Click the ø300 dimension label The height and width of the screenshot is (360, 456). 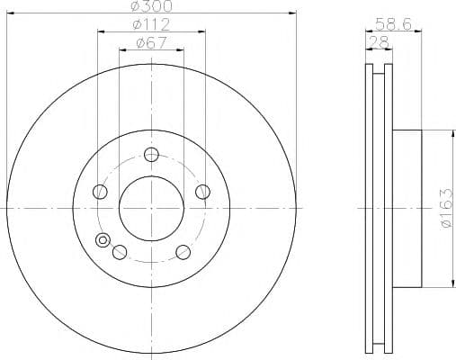[152, 6]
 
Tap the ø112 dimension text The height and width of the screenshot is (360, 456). [151, 24]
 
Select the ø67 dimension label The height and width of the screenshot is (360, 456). [151, 43]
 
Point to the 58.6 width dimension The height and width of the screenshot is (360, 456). [393, 24]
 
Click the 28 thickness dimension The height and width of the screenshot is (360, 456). [379, 42]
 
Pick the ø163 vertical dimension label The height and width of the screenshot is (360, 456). [446, 208]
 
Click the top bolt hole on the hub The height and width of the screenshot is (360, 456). [151, 155]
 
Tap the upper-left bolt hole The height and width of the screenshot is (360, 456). [100, 192]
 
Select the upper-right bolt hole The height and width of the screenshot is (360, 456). [202, 192]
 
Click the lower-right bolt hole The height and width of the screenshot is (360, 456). [183, 252]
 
